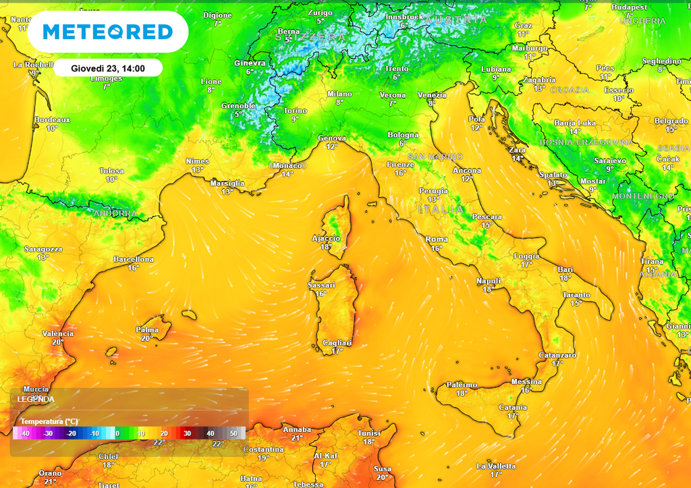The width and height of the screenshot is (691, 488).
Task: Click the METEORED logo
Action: coord(108,32)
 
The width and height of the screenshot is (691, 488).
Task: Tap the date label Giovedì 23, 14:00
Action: coord(108,68)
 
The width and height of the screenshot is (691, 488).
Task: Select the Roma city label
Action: coord(437,240)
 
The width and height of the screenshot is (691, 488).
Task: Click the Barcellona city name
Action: coord(134,259)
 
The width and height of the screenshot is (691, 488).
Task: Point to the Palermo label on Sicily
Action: coord(462,385)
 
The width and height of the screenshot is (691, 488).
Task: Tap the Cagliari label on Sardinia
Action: coord(337,342)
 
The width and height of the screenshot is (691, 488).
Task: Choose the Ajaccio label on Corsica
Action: coord(326,238)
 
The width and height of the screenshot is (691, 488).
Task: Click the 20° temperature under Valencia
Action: coord(57,342)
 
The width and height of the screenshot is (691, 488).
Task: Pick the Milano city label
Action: coord(339,94)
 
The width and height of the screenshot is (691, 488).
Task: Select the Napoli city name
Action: coord(489,281)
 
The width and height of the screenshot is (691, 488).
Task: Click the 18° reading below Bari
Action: coord(565,278)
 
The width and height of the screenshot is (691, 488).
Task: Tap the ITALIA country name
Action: coord(441,210)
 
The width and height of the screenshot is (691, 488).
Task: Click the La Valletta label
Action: coord(496,466)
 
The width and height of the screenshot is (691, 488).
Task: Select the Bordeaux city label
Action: coord(52,119)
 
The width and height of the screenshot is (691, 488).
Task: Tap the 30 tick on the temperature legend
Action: coord(187,433)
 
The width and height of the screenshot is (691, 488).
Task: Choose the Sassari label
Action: coord(321,286)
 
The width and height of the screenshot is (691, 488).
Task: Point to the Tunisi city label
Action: coord(369,433)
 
